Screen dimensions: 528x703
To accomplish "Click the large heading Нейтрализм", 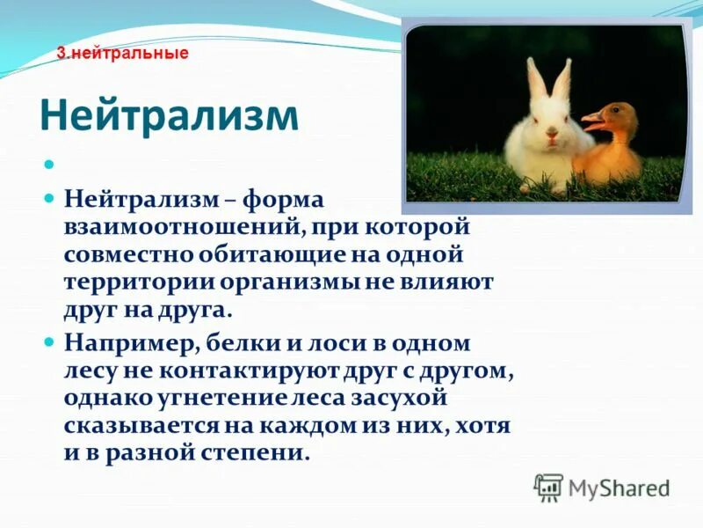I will [x=170, y=114].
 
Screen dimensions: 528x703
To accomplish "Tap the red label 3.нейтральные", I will [x=123, y=53].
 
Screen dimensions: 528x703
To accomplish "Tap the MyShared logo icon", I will [x=548, y=487].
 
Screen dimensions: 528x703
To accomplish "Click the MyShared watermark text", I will [x=619, y=488].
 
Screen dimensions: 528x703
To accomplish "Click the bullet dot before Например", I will [x=50, y=340].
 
